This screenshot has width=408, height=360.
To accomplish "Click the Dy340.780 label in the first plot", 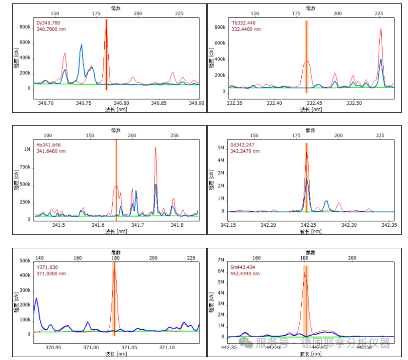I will [48, 23].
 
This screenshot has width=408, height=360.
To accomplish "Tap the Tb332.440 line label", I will [244, 23].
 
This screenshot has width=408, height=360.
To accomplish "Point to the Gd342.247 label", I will [244, 145].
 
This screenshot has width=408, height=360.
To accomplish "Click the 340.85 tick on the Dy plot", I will [159, 103].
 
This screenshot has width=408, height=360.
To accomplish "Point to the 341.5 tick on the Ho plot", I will [58, 225].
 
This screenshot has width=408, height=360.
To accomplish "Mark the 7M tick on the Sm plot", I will [220, 260].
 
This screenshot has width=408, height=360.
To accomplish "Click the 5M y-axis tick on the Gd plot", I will [220, 147].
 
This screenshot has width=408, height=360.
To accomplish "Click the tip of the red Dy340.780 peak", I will [106, 28].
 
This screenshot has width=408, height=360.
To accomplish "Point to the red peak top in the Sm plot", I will [305, 272].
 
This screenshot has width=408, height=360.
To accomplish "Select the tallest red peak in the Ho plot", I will [155, 148].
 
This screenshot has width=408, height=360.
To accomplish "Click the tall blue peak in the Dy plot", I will [81, 45].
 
